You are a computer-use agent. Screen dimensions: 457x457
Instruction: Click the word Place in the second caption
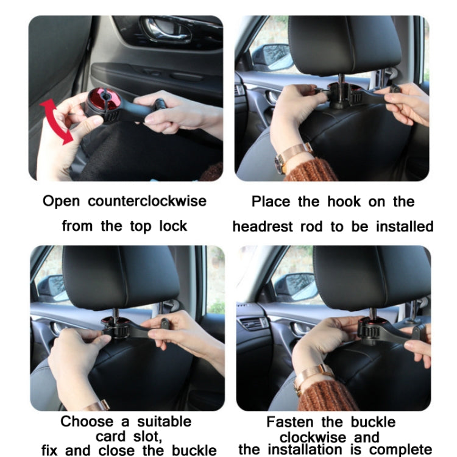(272, 202)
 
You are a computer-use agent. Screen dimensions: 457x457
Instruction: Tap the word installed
(403, 227)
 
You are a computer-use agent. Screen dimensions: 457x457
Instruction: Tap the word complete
(402, 451)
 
